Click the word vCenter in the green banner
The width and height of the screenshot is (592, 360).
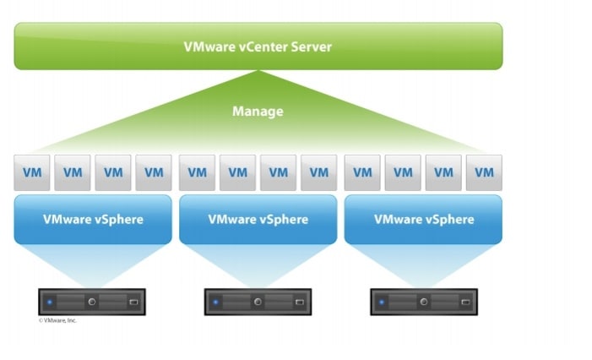click(263, 46)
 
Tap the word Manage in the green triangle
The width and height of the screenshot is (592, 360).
click(258, 111)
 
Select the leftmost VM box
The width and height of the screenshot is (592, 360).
click(32, 172)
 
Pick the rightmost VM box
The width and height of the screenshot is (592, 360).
click(484, 172)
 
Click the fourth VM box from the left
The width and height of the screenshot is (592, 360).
click(154, 172)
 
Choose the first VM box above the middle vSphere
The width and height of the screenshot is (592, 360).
click(197, 172)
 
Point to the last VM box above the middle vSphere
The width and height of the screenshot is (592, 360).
click(319, 172)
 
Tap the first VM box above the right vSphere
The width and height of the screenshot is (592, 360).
click(362, 172)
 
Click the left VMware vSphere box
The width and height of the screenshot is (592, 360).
click(93, 220)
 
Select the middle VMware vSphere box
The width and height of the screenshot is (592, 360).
click(258, 220)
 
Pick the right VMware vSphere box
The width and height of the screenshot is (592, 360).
click(423, 220)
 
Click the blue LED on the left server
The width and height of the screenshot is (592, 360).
click(50, 303)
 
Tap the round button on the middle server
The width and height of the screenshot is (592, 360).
click(258, 302)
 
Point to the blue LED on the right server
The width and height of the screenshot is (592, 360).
click(382, 303)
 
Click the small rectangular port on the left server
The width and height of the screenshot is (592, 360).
click(133, 303)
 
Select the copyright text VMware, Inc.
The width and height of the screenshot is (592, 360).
click(57, 320)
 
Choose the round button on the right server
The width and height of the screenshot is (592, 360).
click(424, 302)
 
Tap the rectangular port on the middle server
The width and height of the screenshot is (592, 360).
click(300, 303)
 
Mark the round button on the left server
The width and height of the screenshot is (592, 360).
click(92, 302)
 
